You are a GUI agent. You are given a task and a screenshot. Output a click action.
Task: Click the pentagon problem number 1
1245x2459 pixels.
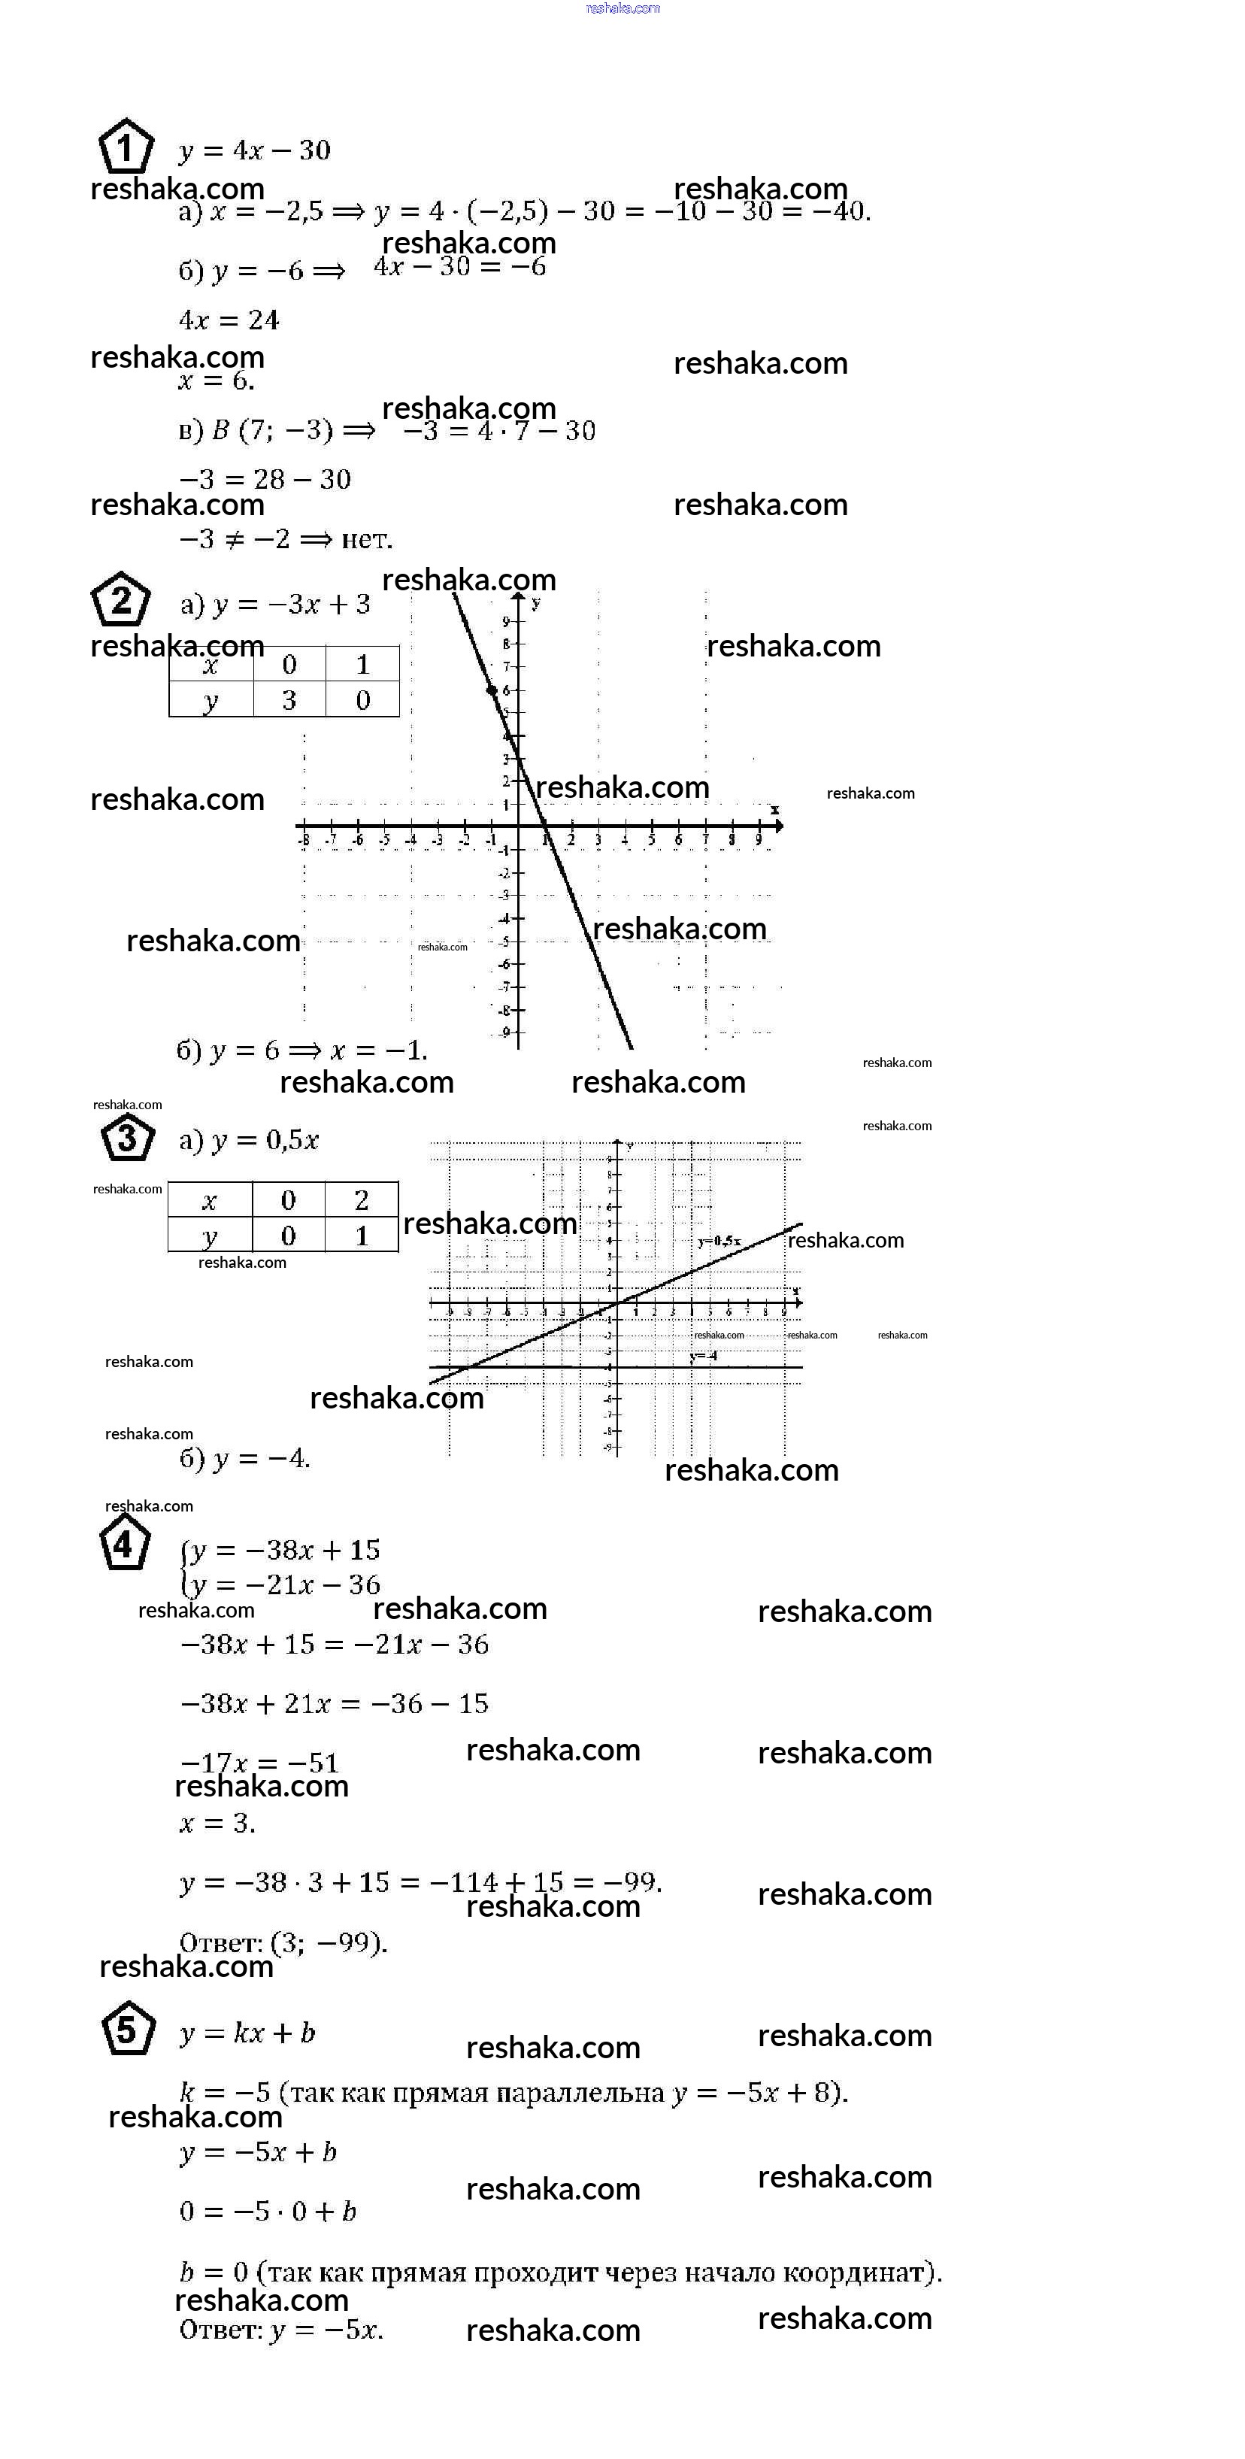(x=125, y=147)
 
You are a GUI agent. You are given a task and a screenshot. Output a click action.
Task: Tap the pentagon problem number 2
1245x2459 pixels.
(x=120, y=600)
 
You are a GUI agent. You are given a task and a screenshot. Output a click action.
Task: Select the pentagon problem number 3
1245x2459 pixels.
(x=126, y=1138)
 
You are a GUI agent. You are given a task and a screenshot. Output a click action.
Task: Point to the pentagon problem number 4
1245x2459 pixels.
(x=124, y=1544)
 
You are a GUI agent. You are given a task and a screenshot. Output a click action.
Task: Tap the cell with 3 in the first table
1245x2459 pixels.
(x=289, y=699)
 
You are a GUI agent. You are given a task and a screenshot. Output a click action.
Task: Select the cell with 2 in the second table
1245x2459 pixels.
(x=362, y=1200)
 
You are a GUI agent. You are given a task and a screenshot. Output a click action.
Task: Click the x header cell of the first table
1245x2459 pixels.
(x=211, y=665)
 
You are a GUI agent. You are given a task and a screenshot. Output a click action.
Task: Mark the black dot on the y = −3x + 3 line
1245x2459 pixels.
(x=492, y=690)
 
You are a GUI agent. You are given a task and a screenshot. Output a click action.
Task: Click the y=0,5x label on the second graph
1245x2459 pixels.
(x=719, y=1241)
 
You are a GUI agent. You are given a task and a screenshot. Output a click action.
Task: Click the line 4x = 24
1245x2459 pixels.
(x=229, y=321)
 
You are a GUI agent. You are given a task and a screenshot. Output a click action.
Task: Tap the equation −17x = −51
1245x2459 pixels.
(x=259, y=1762)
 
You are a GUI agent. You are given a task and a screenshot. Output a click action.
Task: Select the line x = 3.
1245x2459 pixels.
(x=217, y=1822)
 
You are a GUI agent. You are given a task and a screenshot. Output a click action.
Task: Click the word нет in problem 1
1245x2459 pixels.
(x=366, y=539)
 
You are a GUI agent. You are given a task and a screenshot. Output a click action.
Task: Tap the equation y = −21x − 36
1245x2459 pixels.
(x=285, y=1584)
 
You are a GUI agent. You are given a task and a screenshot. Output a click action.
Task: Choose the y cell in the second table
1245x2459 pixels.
(x=210, y=1236)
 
